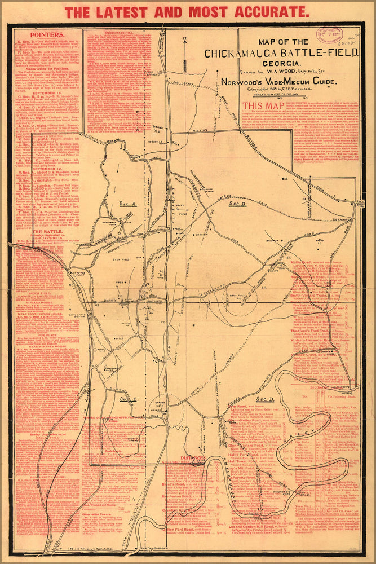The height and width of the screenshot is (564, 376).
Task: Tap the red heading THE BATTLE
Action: [47, 231]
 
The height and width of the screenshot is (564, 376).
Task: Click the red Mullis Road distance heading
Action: [306, 263]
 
